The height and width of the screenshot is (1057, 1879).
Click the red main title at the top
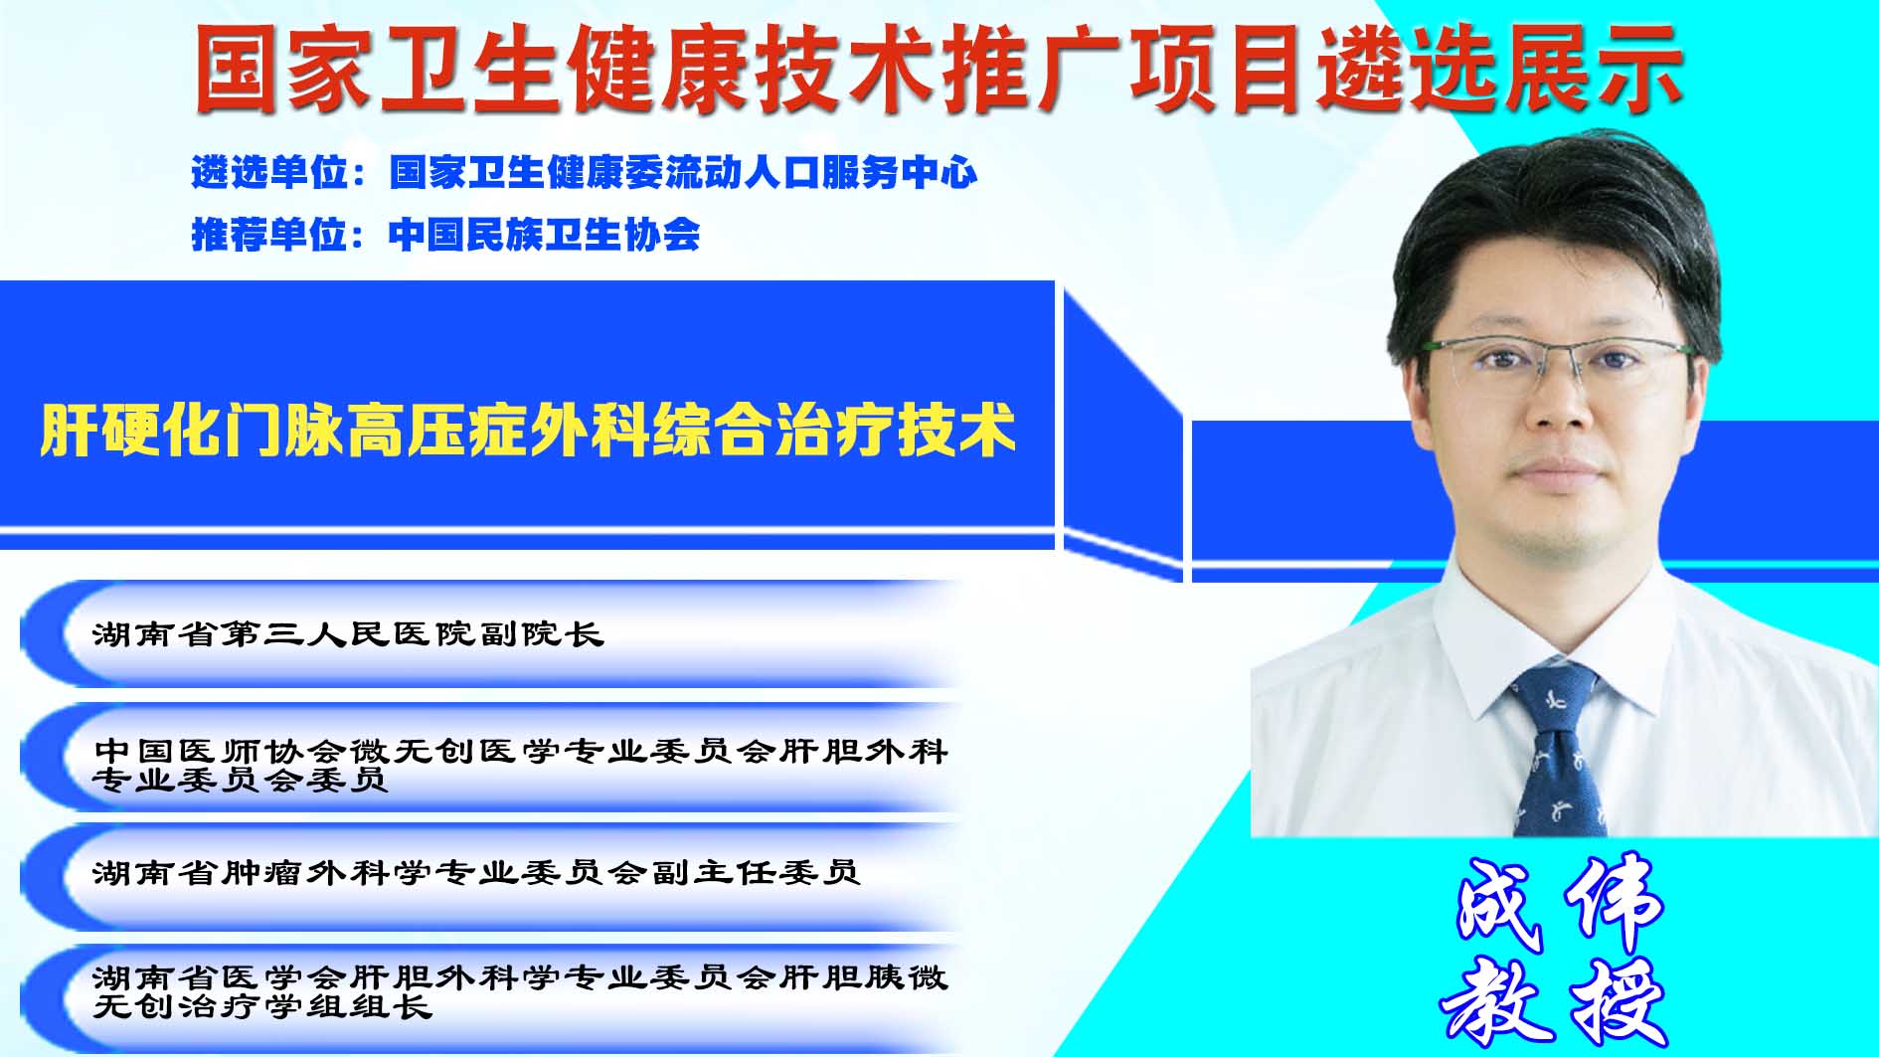[x=938, y=68]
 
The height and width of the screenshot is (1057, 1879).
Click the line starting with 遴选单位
[x=585, y=173]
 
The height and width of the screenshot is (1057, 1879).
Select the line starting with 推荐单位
[x=445, y=235]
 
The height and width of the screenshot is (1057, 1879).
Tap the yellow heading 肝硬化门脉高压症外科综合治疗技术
[x=528, y=430]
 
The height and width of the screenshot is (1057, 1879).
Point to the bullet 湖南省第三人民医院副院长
[x=348, y=633]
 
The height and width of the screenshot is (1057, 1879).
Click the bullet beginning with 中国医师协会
[x=520, y=764]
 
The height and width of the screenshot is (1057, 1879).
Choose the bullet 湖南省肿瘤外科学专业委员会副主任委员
[x=476, y=872]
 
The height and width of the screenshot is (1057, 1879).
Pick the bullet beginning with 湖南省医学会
[x=520, y=991]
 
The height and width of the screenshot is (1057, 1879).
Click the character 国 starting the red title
[x=237, y=68]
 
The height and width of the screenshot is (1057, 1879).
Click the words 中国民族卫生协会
[x=545, y=235]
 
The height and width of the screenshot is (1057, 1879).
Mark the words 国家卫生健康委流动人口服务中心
[x=683, y=173]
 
